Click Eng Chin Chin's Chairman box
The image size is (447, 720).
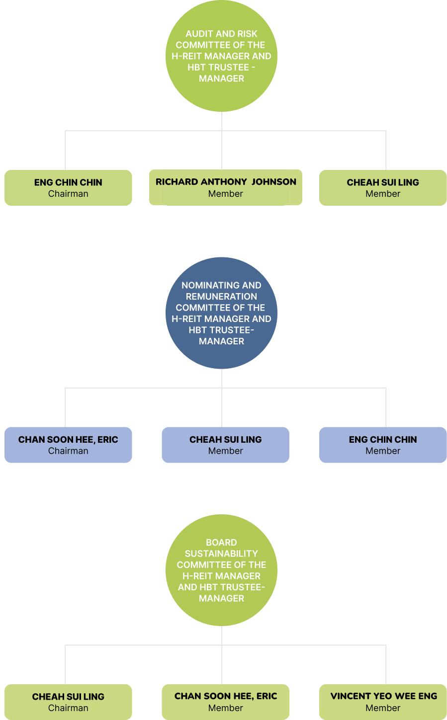point(68,188)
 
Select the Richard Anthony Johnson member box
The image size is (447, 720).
point(225,188)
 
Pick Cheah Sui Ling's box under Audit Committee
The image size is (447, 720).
point(383,188)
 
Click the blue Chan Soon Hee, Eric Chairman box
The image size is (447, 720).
point(68,445)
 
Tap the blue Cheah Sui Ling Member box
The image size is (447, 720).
point(225,445)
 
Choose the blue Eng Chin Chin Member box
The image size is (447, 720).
point(383,445)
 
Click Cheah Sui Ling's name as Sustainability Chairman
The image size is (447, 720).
point(68,697)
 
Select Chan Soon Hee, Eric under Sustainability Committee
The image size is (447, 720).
point(225,696)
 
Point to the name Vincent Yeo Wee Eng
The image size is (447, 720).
point(383,696)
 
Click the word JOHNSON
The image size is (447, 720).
point(273,182)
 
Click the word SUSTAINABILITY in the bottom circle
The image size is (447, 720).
point(221,554)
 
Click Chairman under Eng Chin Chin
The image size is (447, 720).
point(68,194)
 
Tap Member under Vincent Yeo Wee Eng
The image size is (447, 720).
point(383,708)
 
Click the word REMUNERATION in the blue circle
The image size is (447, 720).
point(221,296)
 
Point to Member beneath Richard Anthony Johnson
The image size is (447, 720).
point(225,194)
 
